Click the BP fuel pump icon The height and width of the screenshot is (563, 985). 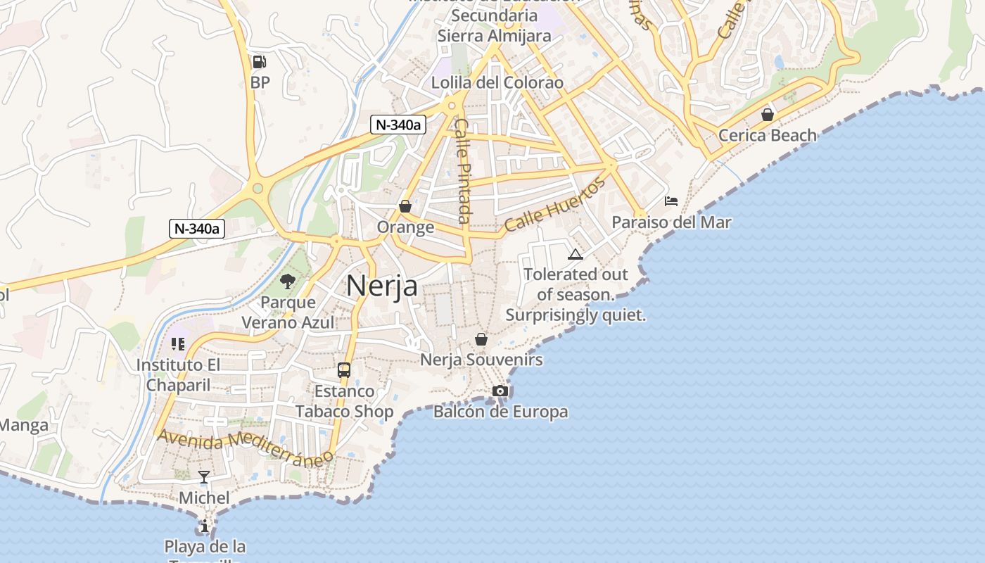click(x=259, y=62)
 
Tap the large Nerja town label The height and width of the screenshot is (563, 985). click(x=382, y=286)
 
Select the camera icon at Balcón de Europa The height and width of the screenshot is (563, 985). click(x=500, y=391)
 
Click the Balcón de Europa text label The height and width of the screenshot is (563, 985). click(x=500, y=411)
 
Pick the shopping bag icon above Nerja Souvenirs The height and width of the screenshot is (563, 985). click(x=481, y=339)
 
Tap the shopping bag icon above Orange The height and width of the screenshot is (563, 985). click(x=405, y=206)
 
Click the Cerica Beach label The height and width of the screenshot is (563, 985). click(x=768, y=135)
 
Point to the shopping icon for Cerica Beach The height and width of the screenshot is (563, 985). click(x=768, y=114)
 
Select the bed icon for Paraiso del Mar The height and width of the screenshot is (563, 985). click(x=671, y=201)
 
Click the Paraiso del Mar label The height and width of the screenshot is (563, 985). click(x=671, y=222)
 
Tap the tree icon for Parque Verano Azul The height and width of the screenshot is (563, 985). click(x=287, y=281)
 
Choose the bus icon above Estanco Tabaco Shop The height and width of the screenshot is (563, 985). click(x=344, y=369)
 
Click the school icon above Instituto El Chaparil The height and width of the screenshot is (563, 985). click(x=178, y=344)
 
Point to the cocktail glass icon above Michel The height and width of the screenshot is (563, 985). click(x=204, y=477)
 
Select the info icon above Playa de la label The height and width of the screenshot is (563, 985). click(x=205, y=526)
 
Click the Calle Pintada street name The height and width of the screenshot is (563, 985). click(x=462, y=170)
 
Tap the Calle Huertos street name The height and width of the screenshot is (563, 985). click(x=554, y=205)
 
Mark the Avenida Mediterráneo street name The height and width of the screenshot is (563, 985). click(x=245, y=448)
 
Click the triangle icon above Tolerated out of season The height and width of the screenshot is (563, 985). click(x=576, y=254)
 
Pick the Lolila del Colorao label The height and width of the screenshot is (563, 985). click(x=497, y=82)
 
